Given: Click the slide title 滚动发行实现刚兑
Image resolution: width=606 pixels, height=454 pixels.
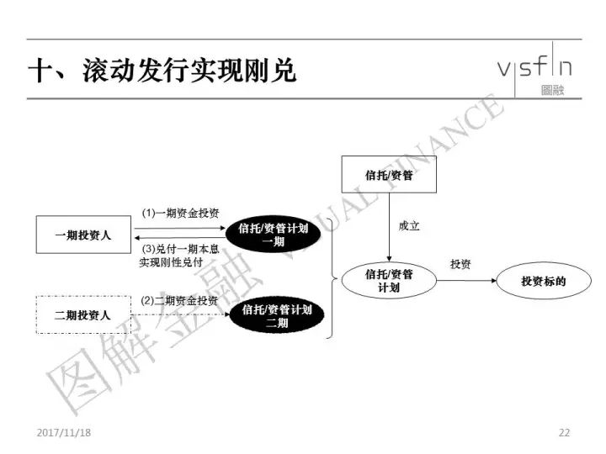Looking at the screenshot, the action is pos(189,71).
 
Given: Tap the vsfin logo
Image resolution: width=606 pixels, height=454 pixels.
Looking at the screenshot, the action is pos(535,70).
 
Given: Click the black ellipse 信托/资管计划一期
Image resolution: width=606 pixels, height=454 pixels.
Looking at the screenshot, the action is pos(273,235).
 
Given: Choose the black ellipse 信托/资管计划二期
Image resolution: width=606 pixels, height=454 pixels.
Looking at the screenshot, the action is pos(277,315).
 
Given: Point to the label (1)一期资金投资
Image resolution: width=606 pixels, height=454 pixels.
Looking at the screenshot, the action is pos(180,213).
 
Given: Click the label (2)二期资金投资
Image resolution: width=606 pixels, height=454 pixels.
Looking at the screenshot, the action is pos(179,300).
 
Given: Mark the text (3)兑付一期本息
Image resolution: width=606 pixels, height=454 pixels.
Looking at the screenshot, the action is pos(180,249).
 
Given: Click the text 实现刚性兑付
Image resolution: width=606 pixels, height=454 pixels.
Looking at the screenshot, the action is pos(171,262).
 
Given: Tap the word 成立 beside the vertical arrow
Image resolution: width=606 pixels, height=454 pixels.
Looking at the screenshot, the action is pos(409,226).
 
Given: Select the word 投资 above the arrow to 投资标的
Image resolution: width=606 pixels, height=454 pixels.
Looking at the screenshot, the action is pos(460,265).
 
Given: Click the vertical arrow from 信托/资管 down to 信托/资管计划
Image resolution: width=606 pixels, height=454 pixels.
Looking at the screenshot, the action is pos(389,227).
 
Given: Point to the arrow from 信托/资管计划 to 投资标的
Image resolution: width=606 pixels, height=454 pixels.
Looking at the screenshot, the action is pos(466,281).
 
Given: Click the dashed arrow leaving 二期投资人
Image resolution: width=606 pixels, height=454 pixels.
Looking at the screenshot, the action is pos(180,314).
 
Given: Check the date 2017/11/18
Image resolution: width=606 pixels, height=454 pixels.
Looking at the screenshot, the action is pos(64,432).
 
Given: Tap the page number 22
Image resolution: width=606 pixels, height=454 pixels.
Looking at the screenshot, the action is pos(564,432).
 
